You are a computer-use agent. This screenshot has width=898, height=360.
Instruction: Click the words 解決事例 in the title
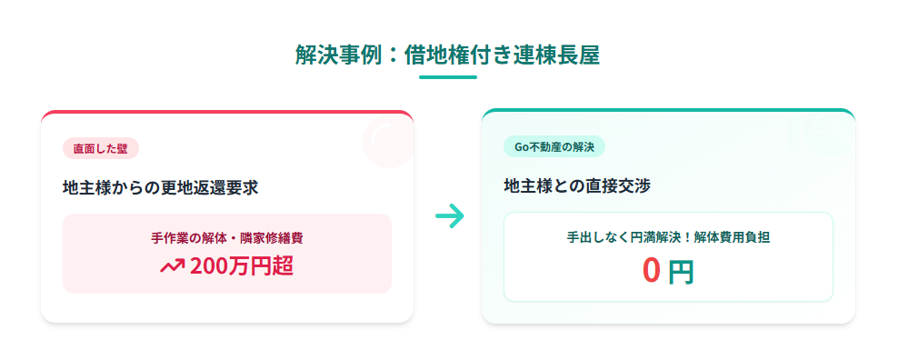click(x=338, y=55)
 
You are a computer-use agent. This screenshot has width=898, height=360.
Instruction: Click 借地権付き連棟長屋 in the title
click(x=502, y=55)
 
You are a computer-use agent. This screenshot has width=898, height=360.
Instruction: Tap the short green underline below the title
click(x=448, y=76)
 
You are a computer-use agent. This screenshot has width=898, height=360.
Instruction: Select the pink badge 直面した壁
click(x=101, y=149)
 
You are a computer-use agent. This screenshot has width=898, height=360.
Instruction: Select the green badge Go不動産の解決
click(x=554, y=146)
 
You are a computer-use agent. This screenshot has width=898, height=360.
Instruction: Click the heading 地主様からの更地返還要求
click(x=160, y=188)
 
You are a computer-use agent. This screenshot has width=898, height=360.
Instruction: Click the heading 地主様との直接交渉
click(x=577, y=186)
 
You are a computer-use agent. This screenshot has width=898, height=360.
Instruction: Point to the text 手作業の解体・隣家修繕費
click(x=227, y=238)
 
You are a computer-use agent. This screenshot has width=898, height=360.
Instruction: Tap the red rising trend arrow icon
click(x=172, y=265)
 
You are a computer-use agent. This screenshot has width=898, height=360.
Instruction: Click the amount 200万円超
click(x=242, y=266)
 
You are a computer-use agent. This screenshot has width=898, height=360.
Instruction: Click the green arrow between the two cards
click(x=450, y=216)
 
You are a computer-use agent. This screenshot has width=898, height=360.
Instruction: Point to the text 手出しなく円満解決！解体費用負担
click(x=668, y=237)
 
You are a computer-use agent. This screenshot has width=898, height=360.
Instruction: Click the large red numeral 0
click(x=651, y=270)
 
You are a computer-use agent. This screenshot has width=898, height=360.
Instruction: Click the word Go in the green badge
click(x=520, y=146)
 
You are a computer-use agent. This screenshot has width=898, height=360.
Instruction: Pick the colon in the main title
click(x=393, y=56)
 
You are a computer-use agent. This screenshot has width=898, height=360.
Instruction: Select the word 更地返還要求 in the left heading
click(x=210, y=188)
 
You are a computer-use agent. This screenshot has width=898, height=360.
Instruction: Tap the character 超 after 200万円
click(x=284, y=266)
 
